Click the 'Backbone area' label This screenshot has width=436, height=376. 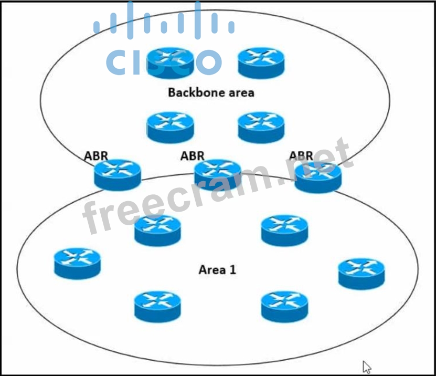[x=211, y=93]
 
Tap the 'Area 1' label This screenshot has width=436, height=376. [x=217, y=270]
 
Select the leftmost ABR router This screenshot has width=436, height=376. [x=118, y=174]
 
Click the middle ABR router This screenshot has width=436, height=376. [x=218, y=174]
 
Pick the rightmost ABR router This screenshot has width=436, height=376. [x=318, y=177]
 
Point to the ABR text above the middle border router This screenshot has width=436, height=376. [x=192, y=155]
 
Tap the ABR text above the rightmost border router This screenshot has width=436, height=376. [x=301, y=155]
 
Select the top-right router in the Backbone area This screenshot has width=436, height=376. [x=261, y=63]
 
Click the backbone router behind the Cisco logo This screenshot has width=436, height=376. [x=171, y=62]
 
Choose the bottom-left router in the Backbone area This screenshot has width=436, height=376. [x=170, y=128]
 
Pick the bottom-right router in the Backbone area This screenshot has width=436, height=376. [x=261, y=127]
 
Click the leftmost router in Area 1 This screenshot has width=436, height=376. [x=77, y=263]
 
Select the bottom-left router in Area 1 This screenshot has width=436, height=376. [x=157, y=306]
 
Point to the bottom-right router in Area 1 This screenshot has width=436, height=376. [x=284, y=307]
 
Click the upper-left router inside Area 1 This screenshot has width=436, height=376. [x=158, y=230]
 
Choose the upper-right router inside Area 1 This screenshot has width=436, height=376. [x=284, y=230]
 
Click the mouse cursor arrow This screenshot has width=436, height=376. [x=367, y=367]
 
